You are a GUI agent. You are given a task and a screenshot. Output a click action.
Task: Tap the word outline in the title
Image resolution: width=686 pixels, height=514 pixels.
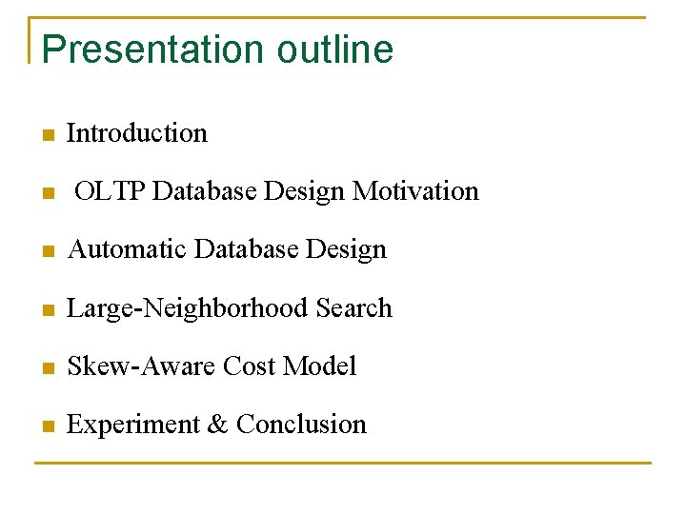coord(334,49)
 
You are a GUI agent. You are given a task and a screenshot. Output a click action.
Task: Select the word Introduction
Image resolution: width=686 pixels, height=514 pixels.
coord(137,133)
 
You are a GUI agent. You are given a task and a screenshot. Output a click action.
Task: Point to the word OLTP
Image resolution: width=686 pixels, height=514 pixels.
coord(110,191)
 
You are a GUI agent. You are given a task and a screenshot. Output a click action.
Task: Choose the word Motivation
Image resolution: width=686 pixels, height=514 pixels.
coord(415,191)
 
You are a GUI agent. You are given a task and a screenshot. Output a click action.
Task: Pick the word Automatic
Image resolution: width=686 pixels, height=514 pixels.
coord(128,249)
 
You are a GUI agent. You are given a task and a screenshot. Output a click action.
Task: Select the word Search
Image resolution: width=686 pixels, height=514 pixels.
coord(353,308)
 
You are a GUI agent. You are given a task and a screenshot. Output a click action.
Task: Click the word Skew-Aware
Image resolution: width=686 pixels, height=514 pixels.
coord(141,366)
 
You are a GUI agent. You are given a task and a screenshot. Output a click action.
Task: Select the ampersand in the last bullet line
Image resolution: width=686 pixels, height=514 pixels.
coord(217,425)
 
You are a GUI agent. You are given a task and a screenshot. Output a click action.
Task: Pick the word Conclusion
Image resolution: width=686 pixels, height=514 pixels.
coord(301,425)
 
